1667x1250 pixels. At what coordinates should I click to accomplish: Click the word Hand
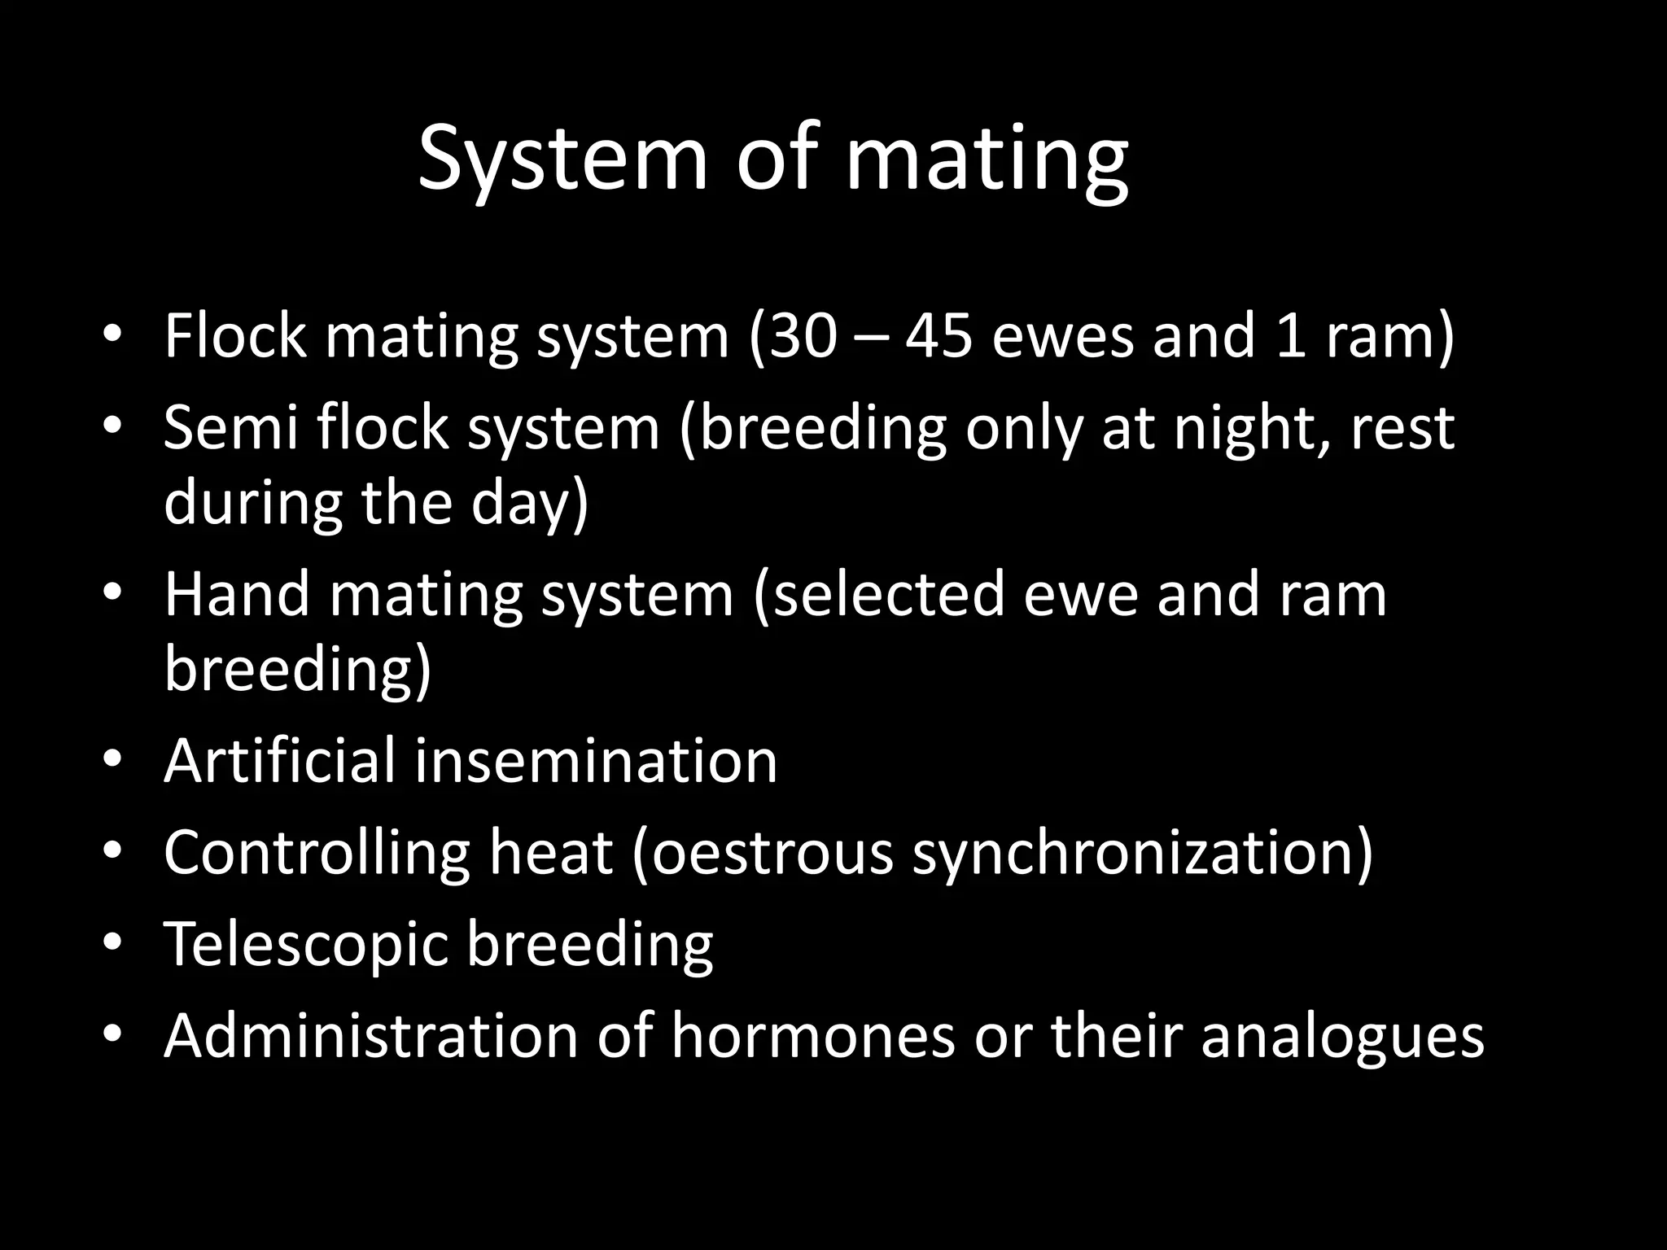tap(237, 594)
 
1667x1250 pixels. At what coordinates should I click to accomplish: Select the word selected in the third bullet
tap(889, 594)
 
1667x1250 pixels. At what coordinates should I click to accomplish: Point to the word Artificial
tap(279, 760)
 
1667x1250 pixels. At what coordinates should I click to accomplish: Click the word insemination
tap(596, 760)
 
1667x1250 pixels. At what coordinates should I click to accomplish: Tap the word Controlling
tap(317, 853)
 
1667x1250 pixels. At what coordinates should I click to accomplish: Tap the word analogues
tap(1341, 1038)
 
